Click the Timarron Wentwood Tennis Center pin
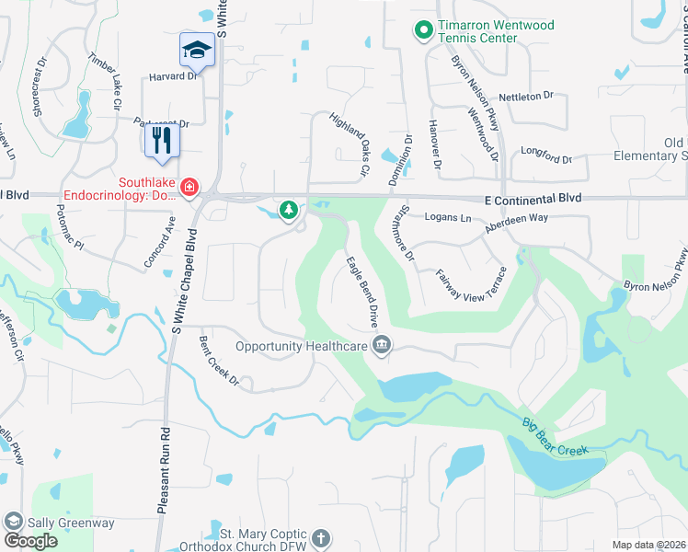point(424,31)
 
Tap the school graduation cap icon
point(197,51)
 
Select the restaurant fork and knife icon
point(161,141)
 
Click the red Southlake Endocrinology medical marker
point(189,188)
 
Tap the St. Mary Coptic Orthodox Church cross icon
point(321,537)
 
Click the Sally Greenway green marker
point(14,522)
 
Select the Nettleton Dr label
point(525,96)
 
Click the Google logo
point(30,541)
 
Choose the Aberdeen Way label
point(518,217)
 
